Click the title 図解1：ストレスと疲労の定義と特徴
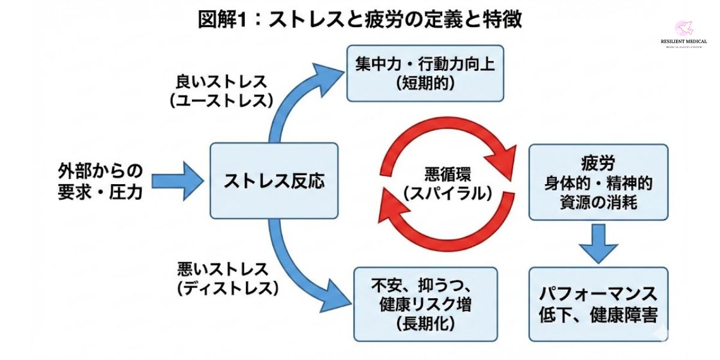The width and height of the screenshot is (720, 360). [360, 19]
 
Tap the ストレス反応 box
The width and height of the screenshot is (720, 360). [274, 181]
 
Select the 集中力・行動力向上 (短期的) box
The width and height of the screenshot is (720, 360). [425, 73]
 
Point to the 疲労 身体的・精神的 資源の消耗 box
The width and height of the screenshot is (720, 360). [598, 182]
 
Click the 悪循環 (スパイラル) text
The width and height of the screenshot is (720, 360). [448, 184]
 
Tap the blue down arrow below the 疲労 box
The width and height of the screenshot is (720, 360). [598, 242]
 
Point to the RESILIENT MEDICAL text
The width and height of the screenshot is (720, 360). [683, 42]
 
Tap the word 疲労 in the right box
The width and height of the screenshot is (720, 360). [598, 163]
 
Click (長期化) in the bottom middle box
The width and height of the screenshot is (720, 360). [425, 325]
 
